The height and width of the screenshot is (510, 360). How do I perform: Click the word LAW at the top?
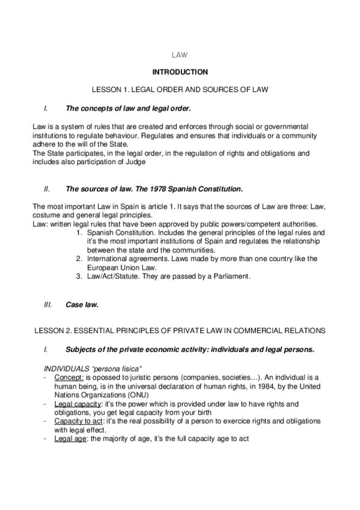(x=180, y=54)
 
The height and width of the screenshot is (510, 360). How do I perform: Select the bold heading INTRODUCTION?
(x=180, y=72)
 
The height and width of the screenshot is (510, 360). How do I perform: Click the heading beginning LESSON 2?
(x=180, y=331)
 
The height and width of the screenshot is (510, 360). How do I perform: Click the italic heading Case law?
(x=81, y=305)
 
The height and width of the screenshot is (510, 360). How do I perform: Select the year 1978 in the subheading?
(x=141, y=189)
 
